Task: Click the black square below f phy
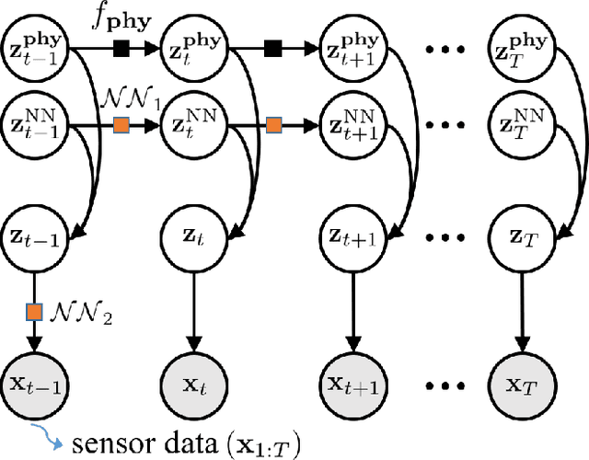click(x=119, y=47)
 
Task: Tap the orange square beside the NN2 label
click(x=33, y=312)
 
